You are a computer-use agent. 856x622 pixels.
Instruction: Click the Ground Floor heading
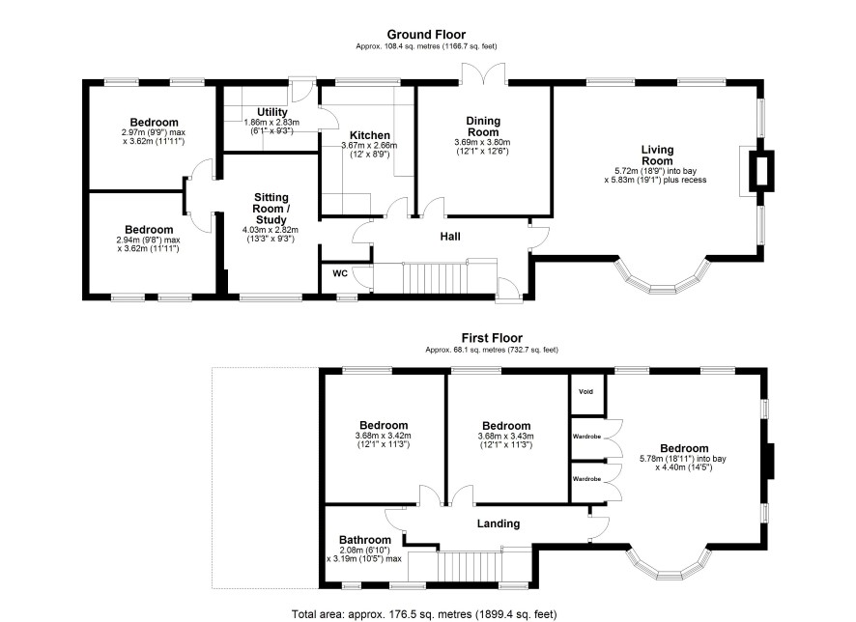(x=426, y=35)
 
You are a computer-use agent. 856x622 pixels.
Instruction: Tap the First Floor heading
(x=492, y=338)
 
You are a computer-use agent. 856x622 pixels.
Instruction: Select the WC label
(x=340, y=273)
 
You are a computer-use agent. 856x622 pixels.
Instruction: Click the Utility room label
(x=271, y=112)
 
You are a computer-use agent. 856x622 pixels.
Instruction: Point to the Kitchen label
(x=370, y=135)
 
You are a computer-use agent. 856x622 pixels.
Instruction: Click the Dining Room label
(x=483, y=127)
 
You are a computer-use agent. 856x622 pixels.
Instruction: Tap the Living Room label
(x=657, y=155)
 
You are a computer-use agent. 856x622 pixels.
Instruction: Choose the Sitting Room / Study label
(x=271, y=209)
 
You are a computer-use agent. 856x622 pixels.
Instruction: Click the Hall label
(x=450, y=237)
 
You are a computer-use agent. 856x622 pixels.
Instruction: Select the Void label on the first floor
(x=585, y=392)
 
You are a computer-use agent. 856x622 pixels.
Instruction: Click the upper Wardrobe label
(x=586, y=437)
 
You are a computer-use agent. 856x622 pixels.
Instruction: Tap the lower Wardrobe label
(x=586, y=479)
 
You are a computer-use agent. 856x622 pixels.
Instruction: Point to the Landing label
(x=499, y=523)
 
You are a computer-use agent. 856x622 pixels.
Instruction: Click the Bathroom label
(x=365, y=540)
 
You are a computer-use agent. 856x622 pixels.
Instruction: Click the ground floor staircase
(x=435, y=278)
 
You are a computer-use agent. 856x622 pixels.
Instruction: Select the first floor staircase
(x=471, y=568)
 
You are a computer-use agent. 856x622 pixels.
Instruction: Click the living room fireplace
(x=761, y=171)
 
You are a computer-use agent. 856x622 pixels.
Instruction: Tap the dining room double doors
(x=484, y=73)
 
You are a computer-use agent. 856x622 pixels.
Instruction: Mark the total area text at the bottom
(x=424, y=614)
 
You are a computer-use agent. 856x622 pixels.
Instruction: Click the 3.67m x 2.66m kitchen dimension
(x=369, y=146)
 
